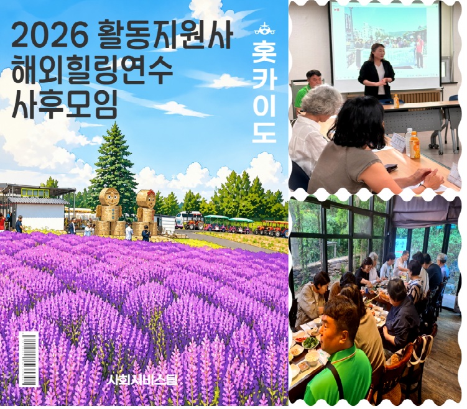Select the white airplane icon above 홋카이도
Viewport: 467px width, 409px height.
[265, 29]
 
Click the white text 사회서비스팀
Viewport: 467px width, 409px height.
[143, 380]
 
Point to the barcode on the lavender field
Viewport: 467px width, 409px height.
[29, 359]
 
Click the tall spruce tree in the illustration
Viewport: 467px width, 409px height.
[114, 167]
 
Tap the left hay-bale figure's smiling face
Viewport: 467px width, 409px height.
[109, 197]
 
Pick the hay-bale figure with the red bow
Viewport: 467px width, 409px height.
[146, 212]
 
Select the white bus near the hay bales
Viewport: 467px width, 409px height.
[188, 219]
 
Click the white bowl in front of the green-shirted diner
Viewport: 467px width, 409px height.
[312, 358]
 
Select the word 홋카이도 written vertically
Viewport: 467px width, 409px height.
[264, 92]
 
